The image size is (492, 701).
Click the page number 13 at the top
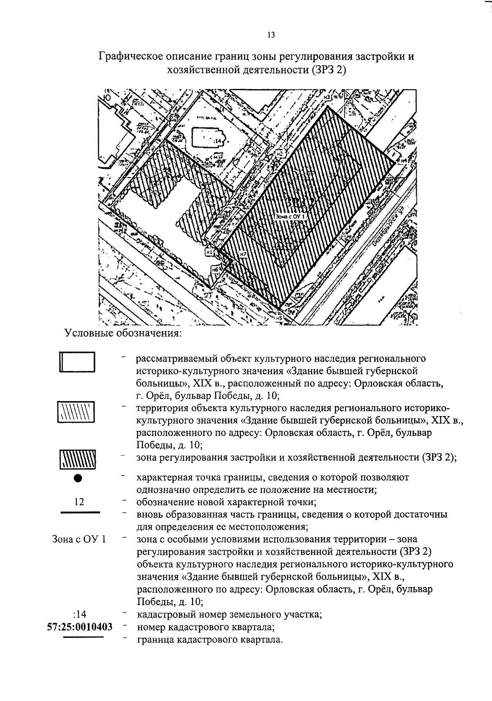[271, 35]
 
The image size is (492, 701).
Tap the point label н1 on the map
[210, 253]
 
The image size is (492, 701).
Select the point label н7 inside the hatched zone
[244, 254]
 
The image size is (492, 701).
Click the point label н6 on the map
[215, 269]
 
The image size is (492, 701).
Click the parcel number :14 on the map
[217, 141]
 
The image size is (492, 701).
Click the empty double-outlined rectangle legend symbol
[77, 362]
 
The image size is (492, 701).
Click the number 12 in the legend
[80, 502]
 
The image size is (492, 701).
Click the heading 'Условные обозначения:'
[123, 333]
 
